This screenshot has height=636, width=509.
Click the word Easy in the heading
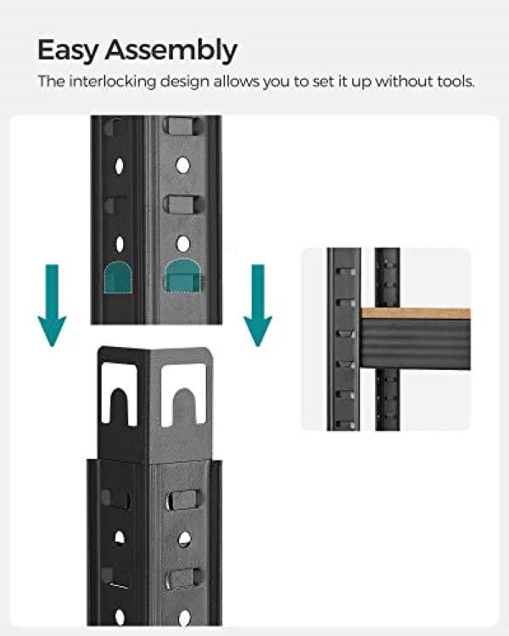[68, 51]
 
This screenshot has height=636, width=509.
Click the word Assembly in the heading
[171, 51]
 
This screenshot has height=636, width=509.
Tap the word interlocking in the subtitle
[113, 81]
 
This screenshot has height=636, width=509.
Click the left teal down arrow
[52, 305]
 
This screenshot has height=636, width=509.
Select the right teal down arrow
[258, 305]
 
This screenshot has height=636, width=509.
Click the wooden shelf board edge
[416, 313]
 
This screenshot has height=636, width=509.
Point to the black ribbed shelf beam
[416, 344]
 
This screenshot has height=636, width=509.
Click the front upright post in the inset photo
[344, 339]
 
